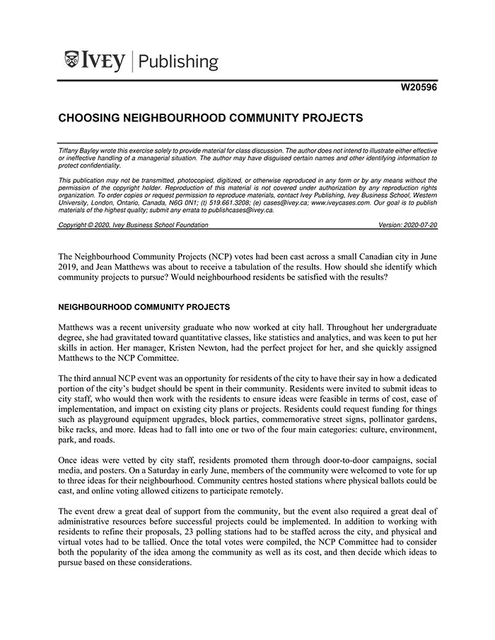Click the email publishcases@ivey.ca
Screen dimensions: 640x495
point(238,210)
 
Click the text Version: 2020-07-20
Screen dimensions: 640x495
point(409,225)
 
